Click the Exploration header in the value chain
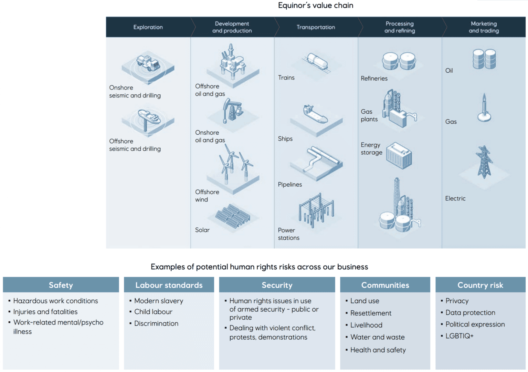(148, 27)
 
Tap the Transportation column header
(316, 27)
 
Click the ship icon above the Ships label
(315, 114)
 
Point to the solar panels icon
(233, 216)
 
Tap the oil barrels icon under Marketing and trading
(484, 59)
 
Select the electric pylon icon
(484, 162)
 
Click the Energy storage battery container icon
(399, 155)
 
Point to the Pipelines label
(290, 185)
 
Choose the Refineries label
(374, 79)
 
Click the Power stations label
(288, 234)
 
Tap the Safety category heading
(61, 285)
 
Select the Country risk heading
(480, 285)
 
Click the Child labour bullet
(153, 312)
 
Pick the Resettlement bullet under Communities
(371, 313)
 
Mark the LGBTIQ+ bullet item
(460, 336)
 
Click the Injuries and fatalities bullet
(45, 312)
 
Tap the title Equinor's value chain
(316, 6)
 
